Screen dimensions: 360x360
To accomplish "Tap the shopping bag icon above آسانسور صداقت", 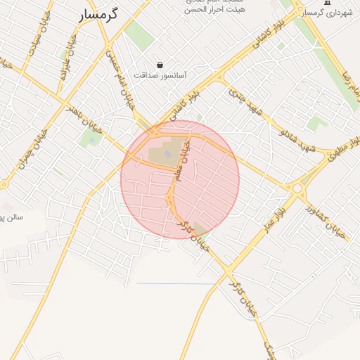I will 160,65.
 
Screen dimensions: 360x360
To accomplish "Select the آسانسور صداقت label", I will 160,75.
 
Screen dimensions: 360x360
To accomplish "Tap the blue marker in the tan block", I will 167,154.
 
